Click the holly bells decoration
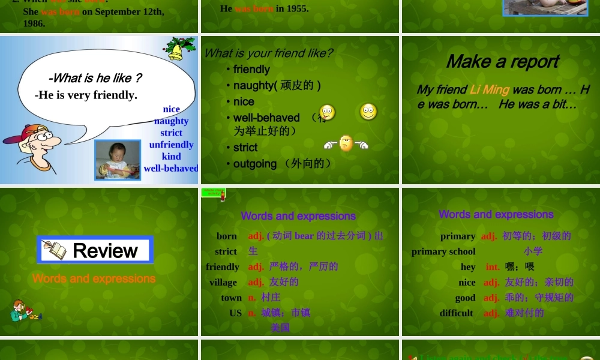pyautogui.click(x=179, y=48)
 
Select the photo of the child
pyautogui.click(x=118, y=160)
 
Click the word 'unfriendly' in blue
pyautogui.click(x=171, y=145)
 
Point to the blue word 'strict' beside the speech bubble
pyautogui.click(x=171, y=133)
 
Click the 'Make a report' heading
pyautogui.click(x=502, y=62)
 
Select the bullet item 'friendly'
pyautogui.click(x=251, y=70)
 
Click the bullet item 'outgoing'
pyautogui.click(x=255, y=164)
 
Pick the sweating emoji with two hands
pyautogui.click(x=346, y=143)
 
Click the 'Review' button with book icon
pyautogui.click(x=95, y=250)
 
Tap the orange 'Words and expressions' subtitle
pyautogui.click(x=94, y=278)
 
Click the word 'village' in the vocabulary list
pyautogui.click(x=223, y=282)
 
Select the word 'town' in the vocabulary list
pyautogui.click(x=231, y=298)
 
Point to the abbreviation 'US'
pyautogui.click(x=235, y=313)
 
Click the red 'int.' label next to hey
pyautogui.click(x=493, y=266)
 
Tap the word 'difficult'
pyautogui.click(x=456, y=313)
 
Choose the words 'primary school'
pyautogui.click(x=443, y=251)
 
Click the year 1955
pyautogui.click(x=296, y=8)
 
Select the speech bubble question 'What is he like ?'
pyautogui.click(x=95, y=78)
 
